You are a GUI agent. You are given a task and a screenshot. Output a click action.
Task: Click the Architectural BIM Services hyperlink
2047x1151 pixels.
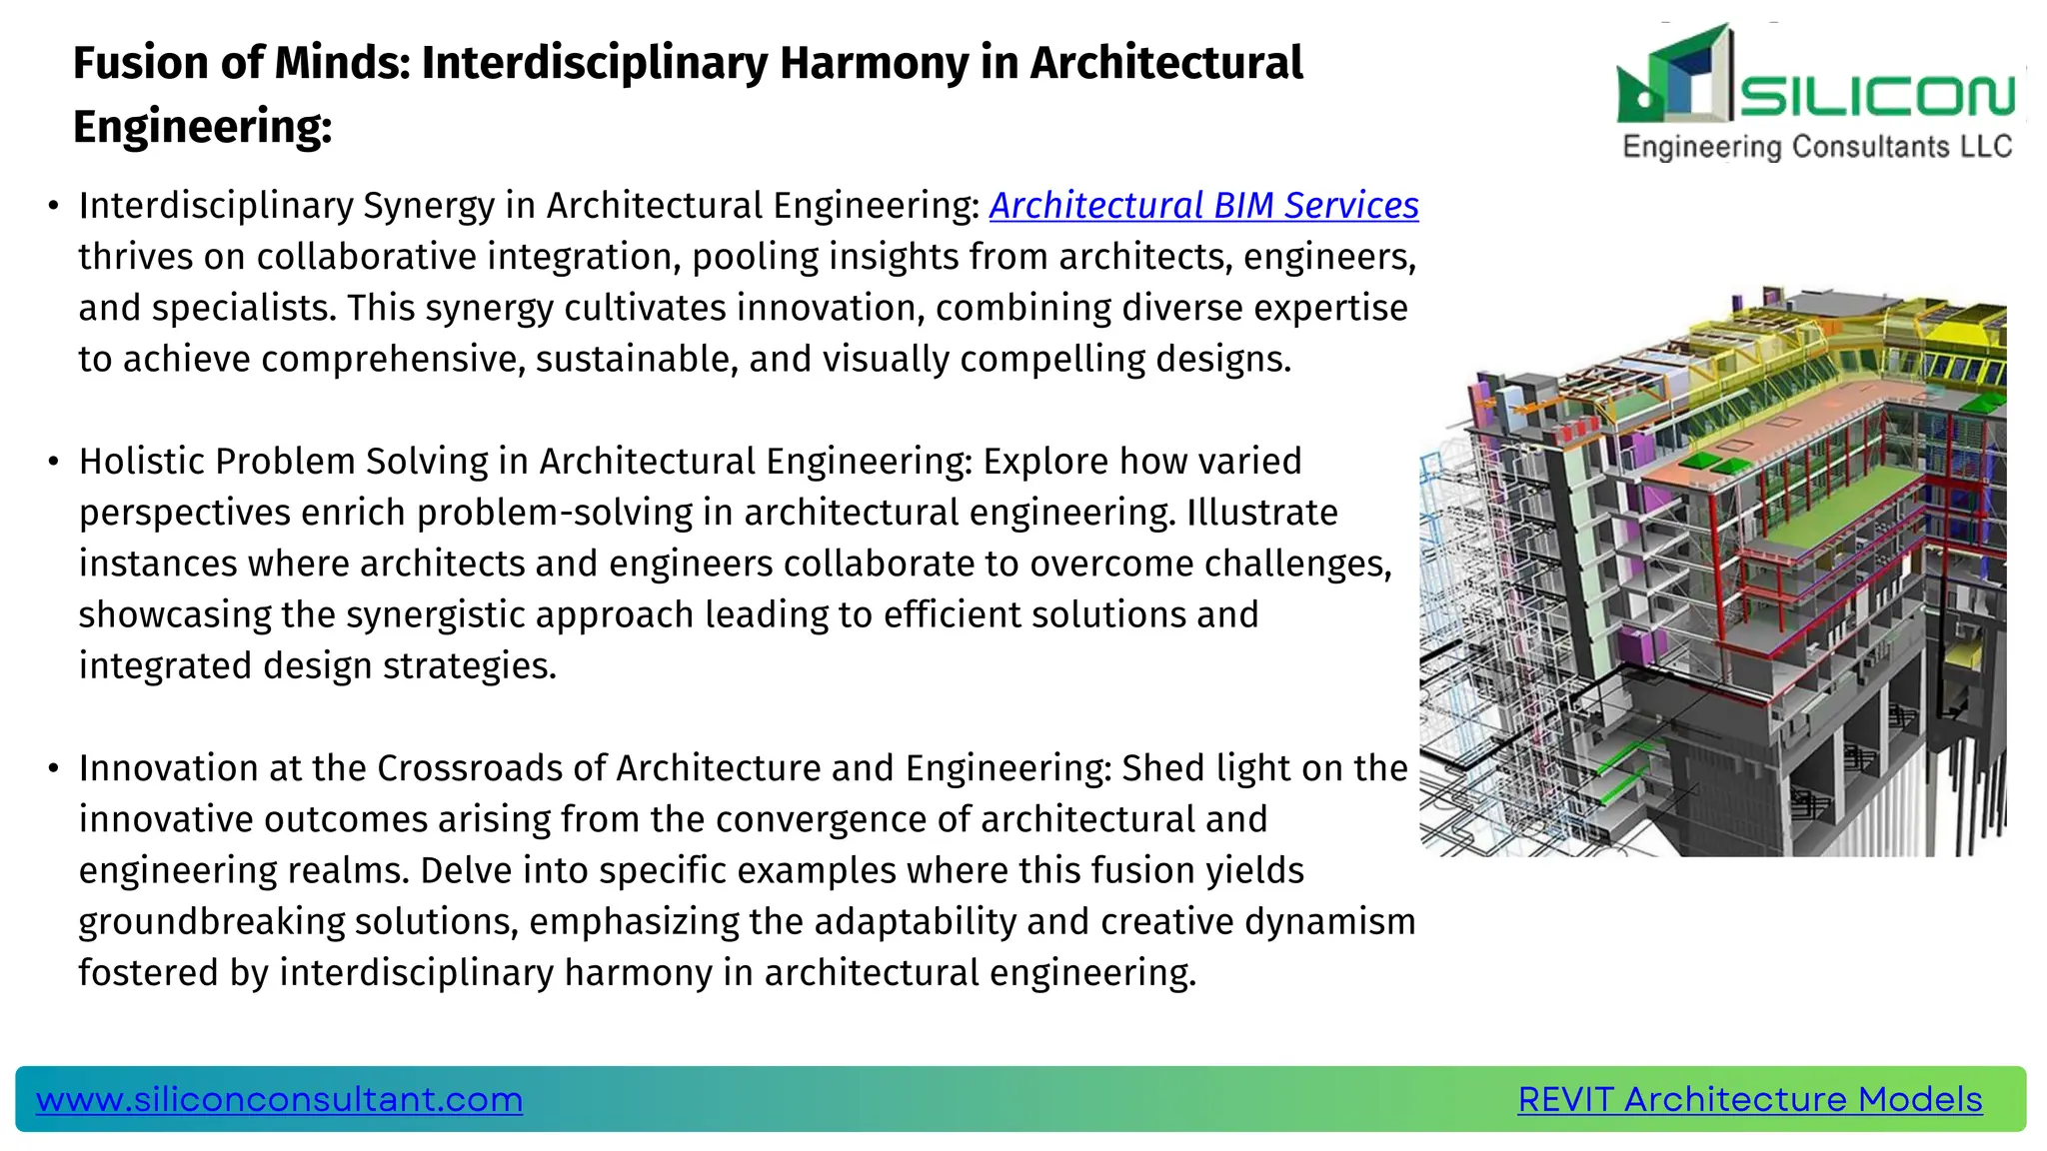click(x=1203, y=206)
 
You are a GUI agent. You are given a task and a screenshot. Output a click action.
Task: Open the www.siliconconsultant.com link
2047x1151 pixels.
click(x=279, y=1099)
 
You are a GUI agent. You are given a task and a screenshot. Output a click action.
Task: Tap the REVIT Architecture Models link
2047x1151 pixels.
click(x=1749, y=1099)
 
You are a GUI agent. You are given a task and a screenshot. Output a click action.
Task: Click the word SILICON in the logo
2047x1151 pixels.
click(x=1877, y=96)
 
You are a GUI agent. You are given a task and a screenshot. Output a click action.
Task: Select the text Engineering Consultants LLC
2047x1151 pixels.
click(x=1817, y=147)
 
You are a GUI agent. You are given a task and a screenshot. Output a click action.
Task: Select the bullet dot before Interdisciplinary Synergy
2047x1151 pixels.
click(x=53, y=207)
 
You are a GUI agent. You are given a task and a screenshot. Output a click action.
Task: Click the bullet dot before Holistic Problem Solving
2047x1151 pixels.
click(x=53, y=463)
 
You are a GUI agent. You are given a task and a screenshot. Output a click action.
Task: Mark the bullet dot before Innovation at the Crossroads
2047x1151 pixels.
click(x=53, y=769)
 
